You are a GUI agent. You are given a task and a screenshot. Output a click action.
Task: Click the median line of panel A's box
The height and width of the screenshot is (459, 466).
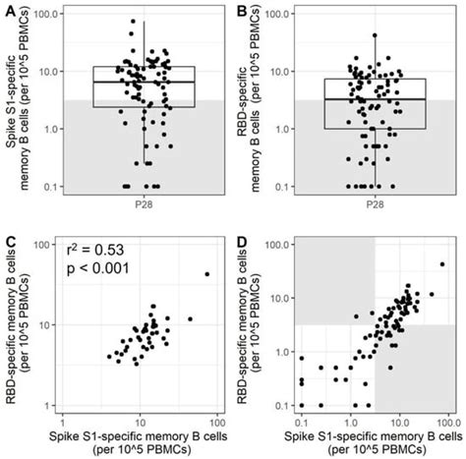pos(144,83)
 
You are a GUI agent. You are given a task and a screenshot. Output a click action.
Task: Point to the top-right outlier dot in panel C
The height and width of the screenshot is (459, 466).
pos(206,273)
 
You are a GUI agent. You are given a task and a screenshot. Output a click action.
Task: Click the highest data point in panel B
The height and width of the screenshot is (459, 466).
pos(375,35)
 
